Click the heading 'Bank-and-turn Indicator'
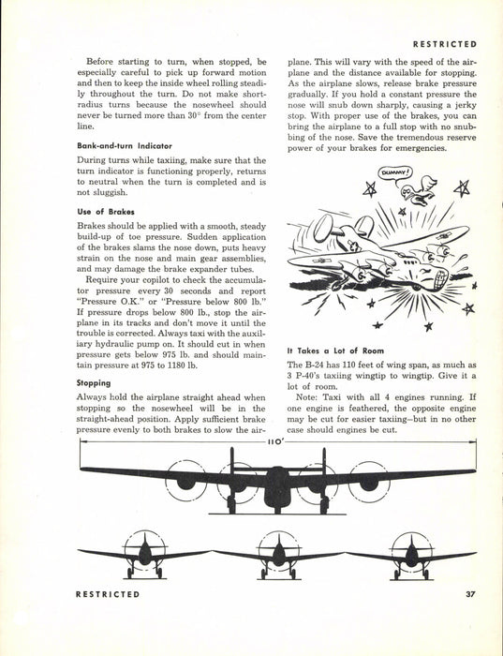tap(125, 146)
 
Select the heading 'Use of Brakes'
tap(106, 212)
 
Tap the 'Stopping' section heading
tap(94, 383)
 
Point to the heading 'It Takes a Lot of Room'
tap(335, 351)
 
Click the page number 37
tap(471, 594)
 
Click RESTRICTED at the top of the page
tap(445, 44)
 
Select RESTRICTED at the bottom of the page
tap(108, 594)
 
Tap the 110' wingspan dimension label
tap(276, 441)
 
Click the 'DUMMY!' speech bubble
tap(394, 171)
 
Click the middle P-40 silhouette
tap(278, 555)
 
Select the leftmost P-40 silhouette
tap(144, 555)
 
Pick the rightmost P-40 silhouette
tap(411, 555)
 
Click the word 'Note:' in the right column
tap(307, 397)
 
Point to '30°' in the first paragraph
tap(193, 115)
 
